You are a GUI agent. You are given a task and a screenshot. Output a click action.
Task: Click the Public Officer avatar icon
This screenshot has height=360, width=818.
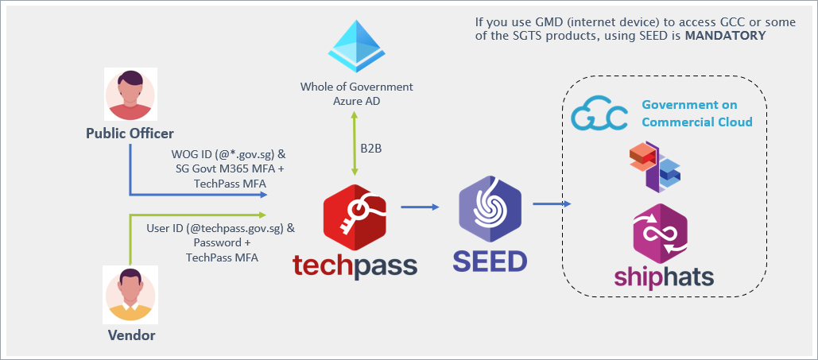point(129,94)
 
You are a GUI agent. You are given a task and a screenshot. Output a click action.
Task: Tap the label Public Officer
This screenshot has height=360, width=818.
point(129,133)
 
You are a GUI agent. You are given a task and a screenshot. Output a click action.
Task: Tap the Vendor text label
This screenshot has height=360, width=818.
point(131,335)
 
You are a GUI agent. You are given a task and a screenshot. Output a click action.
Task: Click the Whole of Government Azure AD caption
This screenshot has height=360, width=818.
point(356,92)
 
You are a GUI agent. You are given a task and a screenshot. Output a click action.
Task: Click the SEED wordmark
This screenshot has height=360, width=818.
point(490,261)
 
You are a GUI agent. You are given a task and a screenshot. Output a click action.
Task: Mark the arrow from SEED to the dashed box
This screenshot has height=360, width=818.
point(552,204)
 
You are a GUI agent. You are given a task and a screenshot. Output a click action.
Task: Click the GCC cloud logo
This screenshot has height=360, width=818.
point(599,113)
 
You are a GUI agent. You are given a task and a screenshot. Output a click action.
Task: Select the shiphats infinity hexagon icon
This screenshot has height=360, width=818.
point(659,231)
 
